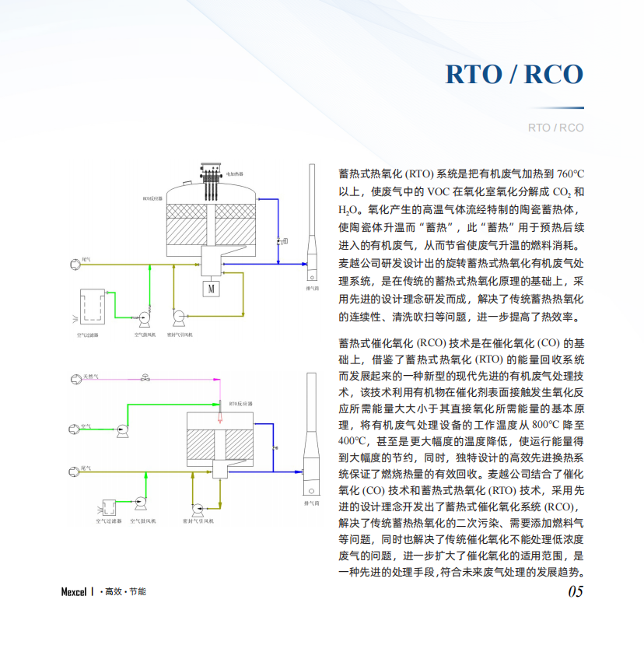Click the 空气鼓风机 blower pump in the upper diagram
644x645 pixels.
[145, 316]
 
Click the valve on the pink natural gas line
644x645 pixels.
[145, 379]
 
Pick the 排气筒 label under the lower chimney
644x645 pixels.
[313, 503]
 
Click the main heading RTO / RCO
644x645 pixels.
[514, 74]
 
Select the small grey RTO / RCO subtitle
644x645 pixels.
[555, 128]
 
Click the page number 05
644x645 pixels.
[575, 591]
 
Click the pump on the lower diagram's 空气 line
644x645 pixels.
[121, 429]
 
